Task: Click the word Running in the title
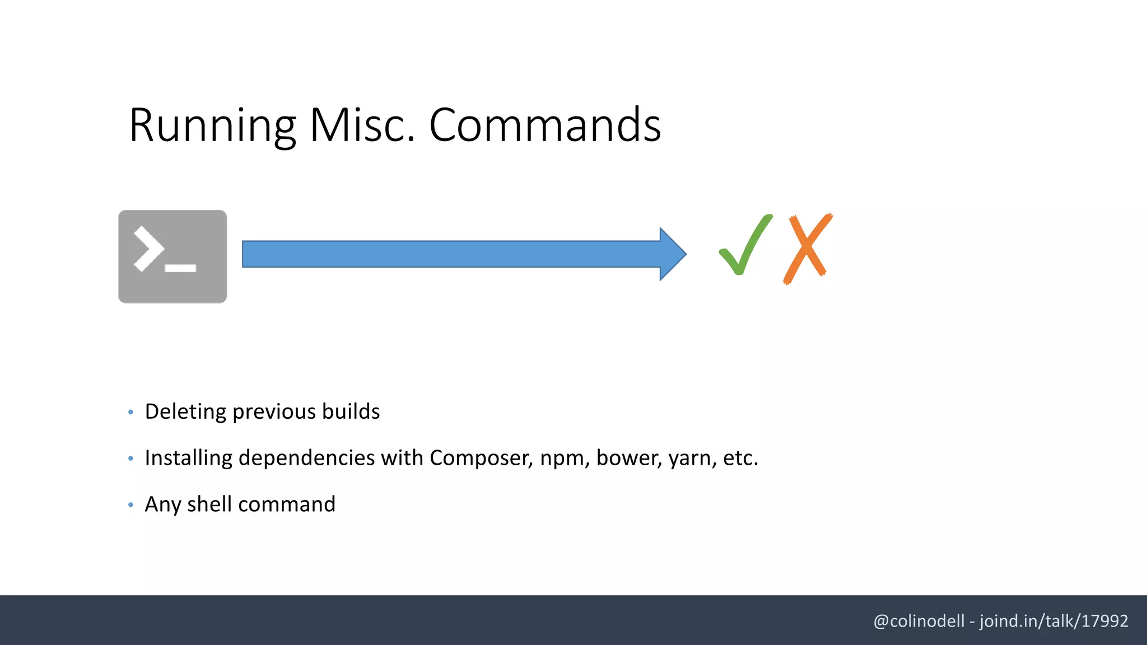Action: (x=212, y=125)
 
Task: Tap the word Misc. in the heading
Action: (x=362, y=125)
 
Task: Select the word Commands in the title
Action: (x=545, y=125)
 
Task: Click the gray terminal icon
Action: (x=172, y=256)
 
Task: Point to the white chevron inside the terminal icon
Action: (x=148, y=249)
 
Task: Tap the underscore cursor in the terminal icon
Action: (x=180, y=268)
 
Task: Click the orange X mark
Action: (x=808, y=249)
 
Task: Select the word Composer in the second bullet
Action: (x=481, y=458)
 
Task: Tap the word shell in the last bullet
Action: (x=209, y=504)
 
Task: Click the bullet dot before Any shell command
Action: (x=130, y=505)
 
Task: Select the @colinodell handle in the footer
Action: (x=918, y=621)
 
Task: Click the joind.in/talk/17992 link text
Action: (x=1053, y=621)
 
